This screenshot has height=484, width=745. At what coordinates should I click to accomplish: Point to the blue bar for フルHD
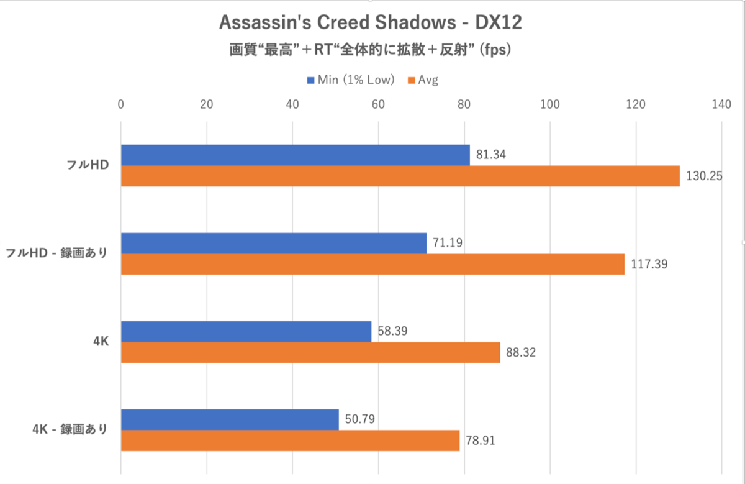click(x=295, y=155)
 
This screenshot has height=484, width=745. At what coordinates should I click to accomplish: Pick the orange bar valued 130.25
click(x=400, y=176)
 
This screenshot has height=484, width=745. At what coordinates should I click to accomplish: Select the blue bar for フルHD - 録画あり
click(x=274, y=244)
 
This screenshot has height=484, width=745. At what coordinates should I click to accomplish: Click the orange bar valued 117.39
click(x=372, y=264)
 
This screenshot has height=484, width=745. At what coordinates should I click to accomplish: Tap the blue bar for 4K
click(x=246, y=332)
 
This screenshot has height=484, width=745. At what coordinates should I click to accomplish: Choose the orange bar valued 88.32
click(x=310, y=353)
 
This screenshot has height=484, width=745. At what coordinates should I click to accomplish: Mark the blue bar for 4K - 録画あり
click(x=230, y=420)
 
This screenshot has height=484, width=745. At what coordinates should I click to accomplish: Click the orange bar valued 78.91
click(x=290, y=441)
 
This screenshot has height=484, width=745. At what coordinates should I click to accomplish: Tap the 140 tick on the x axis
click(x=721, y=104)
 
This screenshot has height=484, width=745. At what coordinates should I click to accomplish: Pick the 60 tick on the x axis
click(x=378, y=104)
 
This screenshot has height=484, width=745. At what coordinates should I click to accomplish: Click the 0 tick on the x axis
click(x=121, y=104)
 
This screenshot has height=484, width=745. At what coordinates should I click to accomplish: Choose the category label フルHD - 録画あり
click(x=56, y=253)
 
